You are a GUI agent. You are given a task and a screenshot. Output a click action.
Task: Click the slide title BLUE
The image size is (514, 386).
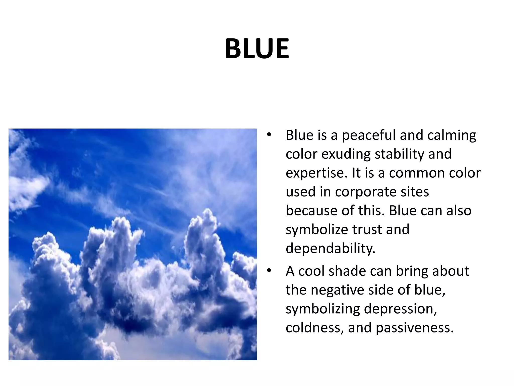[257, 49]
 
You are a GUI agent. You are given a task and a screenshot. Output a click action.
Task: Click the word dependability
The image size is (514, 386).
[330, 249]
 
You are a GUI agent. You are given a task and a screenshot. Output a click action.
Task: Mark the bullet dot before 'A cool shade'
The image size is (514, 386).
[269, 271]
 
